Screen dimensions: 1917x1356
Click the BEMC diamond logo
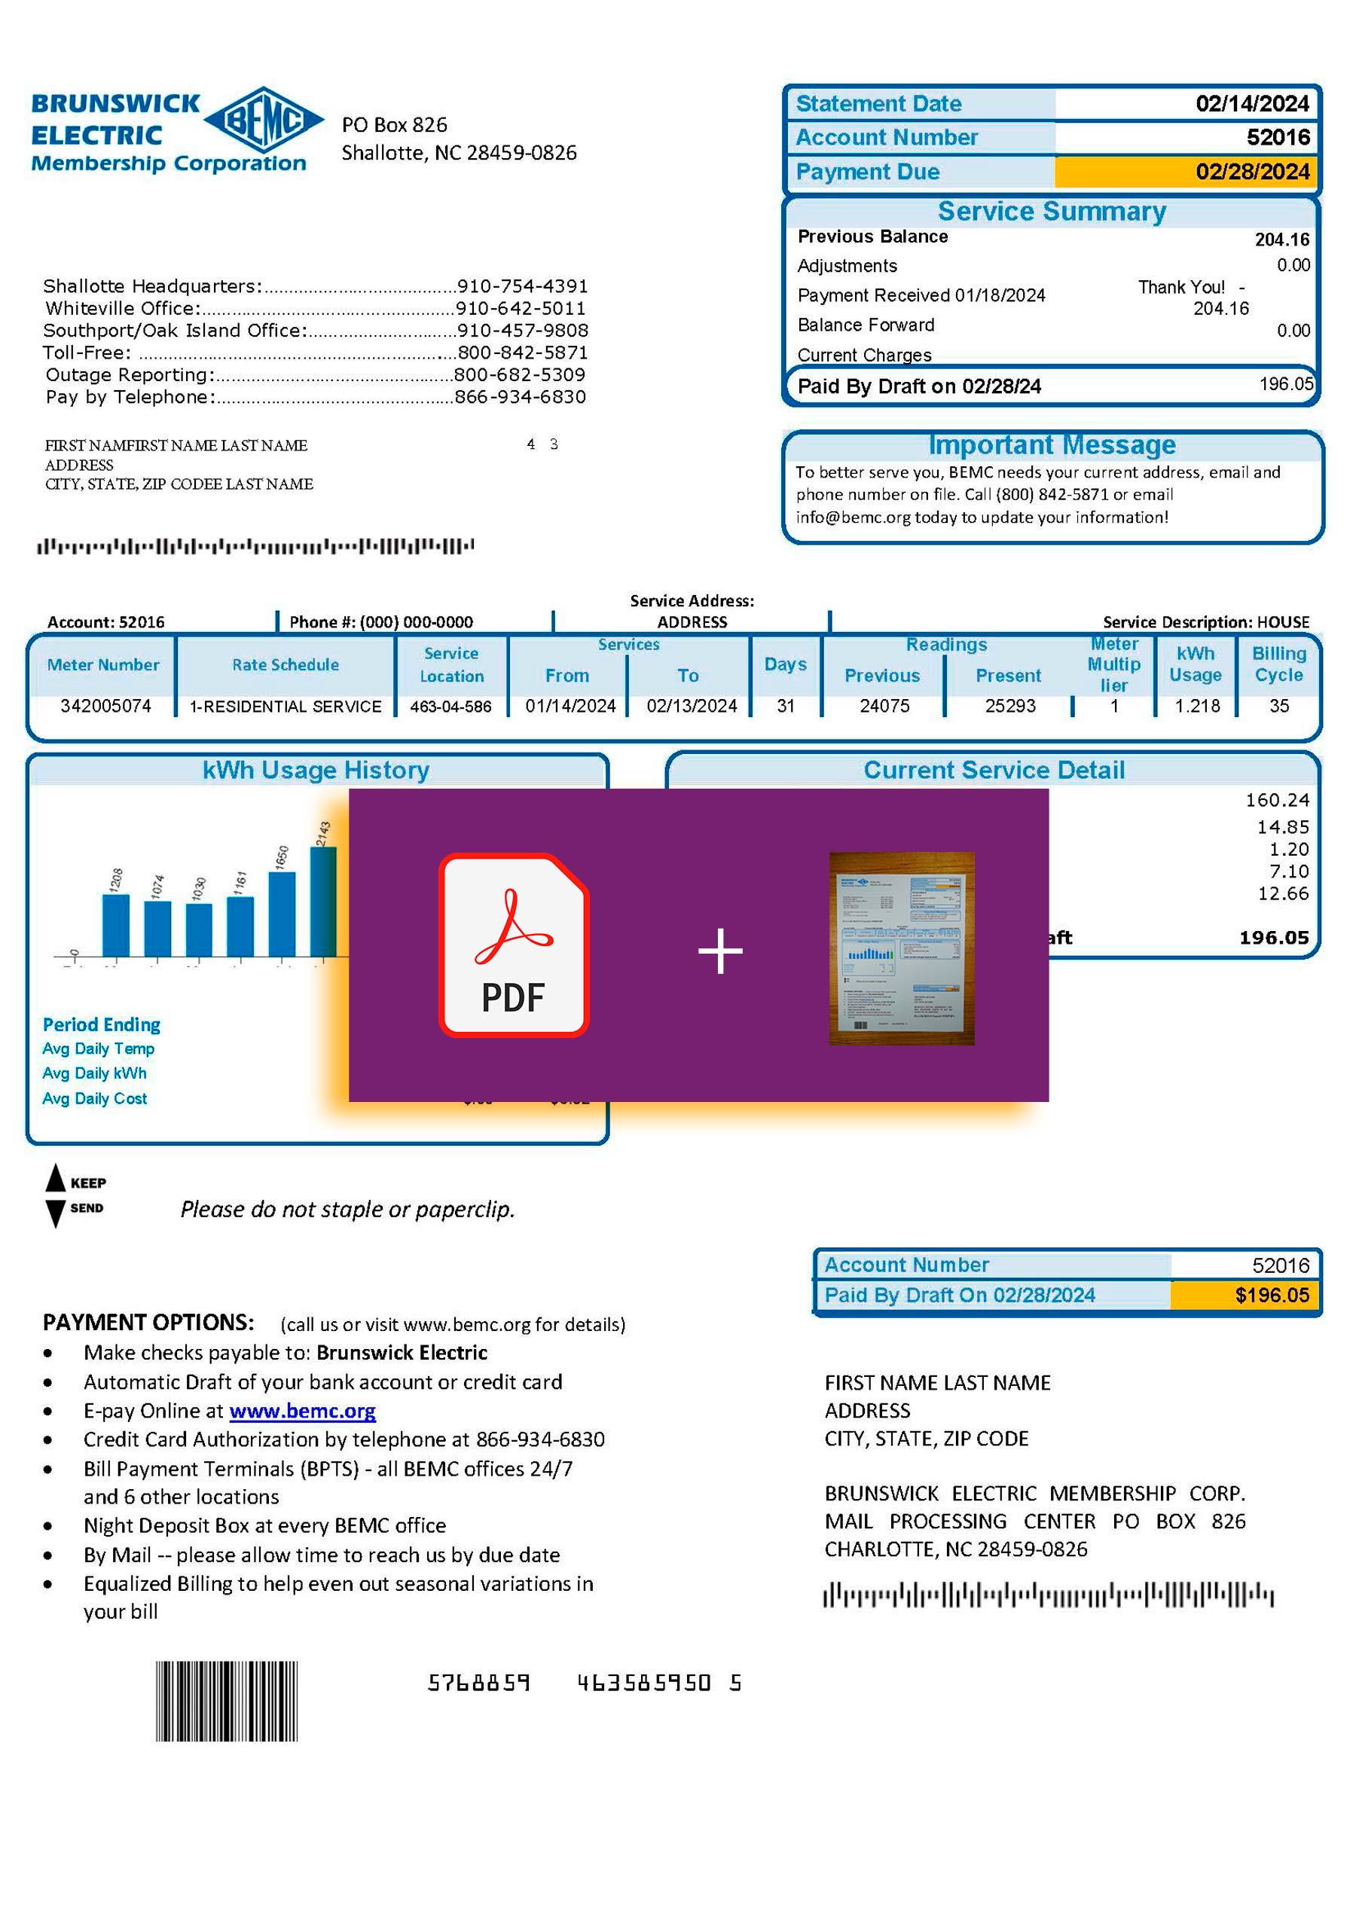click(x=263, y=121)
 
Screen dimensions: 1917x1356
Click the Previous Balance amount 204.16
click(x=1281, y=240)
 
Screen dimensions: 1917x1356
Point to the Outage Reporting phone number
click(x=519, y=375)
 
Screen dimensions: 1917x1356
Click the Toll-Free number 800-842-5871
click(x=523, y=353)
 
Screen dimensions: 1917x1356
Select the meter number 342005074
click(x=105, y=707)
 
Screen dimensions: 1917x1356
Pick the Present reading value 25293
click(x=1009, y=707)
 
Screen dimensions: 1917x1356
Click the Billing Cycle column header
click(x=1278, y=664)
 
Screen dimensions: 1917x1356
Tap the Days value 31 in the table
click(x=785, y=707)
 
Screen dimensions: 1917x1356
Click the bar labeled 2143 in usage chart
click(x=324, y=902)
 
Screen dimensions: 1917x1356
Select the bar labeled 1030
click(x=199, y=930)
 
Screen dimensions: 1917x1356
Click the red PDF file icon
click(x=514, y=945)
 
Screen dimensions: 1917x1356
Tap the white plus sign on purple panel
click(x=719, y=951)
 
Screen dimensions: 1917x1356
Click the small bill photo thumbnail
click(x=902, y=948)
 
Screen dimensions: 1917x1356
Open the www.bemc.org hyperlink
click(x=302, y=1411)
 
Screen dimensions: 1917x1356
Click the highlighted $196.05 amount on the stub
click(x=1272, y=1295)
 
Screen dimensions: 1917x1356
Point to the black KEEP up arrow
click(x=55, y=1178)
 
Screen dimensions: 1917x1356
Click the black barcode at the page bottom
click(x=226, y=1701)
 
